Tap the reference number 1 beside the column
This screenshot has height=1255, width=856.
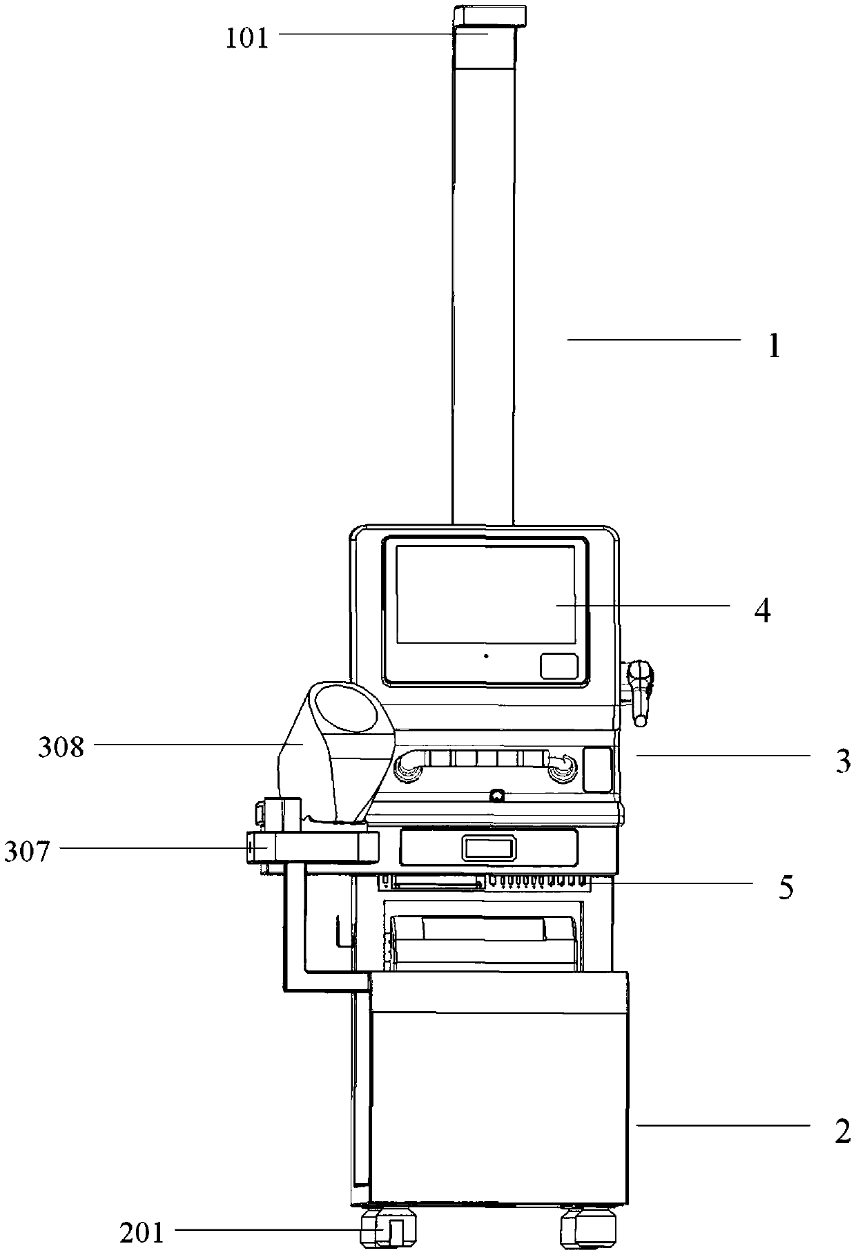[x=774, y=345]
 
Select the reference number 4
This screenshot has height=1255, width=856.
[x=762, y=611]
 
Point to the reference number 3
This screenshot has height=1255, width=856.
[x=842, y=761]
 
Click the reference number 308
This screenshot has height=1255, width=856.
[x=61, y=747]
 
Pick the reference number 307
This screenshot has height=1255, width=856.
[x=28, y=852]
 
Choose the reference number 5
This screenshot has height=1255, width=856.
[x=786, y=888]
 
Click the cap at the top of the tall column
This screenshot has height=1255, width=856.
[x=489, y=15]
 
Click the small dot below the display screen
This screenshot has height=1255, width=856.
[x=486, y=655]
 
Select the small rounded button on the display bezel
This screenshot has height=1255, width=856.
[x=558, y=667]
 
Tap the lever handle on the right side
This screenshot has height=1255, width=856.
[x=640, y=691]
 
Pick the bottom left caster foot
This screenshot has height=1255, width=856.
[x=389, y=1232]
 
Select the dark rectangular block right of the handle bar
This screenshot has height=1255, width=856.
[x=598, y=769]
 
